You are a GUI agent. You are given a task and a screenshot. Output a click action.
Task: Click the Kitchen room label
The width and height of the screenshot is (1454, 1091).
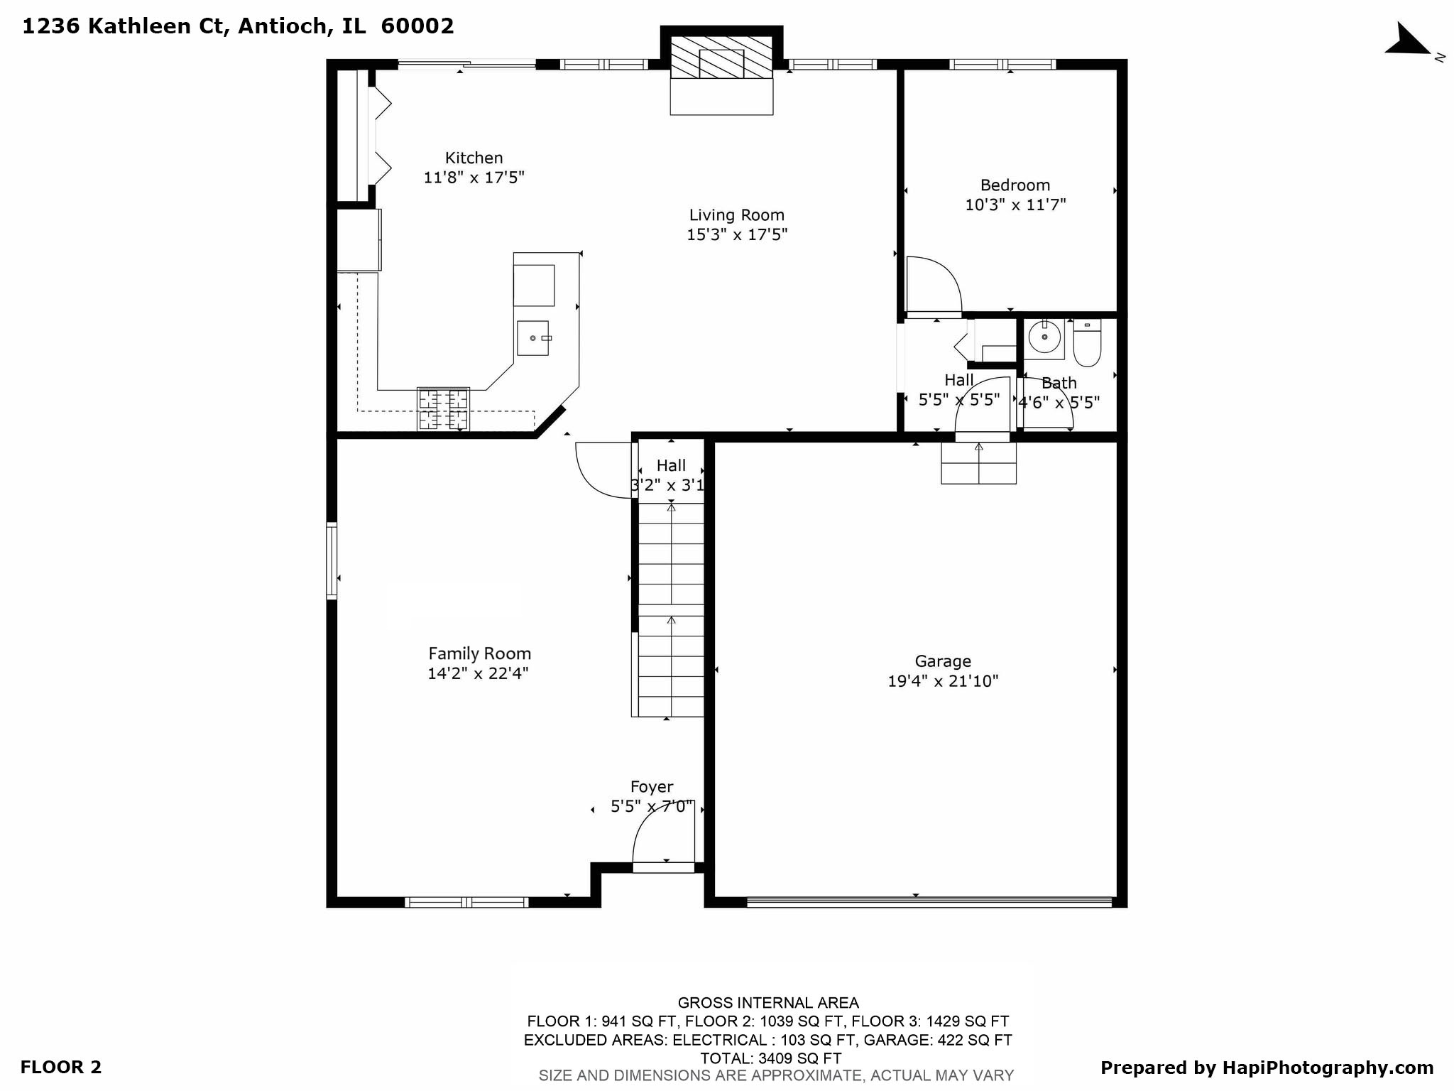tap(474, 158)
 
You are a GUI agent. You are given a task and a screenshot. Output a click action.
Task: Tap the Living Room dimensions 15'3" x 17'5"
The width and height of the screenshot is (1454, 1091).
tap(736, 234)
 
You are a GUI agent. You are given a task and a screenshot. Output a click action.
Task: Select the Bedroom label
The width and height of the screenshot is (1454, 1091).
tap(1015, 185)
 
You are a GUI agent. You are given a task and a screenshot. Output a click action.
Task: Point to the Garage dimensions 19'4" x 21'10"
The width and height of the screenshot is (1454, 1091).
tap(942, 681)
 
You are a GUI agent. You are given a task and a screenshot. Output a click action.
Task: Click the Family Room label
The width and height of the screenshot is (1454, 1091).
tap(479, 653)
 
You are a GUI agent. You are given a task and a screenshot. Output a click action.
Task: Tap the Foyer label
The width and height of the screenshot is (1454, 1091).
tap(651, 787)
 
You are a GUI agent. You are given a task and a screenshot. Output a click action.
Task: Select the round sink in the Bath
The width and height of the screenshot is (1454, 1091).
tap(1044, 337)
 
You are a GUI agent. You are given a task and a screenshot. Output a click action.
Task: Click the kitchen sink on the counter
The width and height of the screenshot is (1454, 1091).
tap(532, 338)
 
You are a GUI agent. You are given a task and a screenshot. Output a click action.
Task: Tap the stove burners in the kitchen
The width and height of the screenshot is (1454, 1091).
tap(443, 409)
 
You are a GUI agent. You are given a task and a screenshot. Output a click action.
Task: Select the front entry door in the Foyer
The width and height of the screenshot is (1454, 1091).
tap(663, 867)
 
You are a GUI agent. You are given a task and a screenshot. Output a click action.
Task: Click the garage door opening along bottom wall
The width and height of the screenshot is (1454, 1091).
tap(929, 902)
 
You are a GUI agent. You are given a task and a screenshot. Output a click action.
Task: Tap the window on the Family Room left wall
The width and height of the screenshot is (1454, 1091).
tap(332, 560)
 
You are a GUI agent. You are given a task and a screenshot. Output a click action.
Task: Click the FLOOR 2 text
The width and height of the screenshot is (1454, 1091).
tap(61, 1067)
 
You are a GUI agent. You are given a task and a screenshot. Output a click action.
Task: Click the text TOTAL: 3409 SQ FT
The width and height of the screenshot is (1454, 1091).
tap(770, 1058)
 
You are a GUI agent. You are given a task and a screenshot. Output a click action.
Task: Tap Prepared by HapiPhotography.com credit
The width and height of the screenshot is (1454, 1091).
tap(1267, 1068)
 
